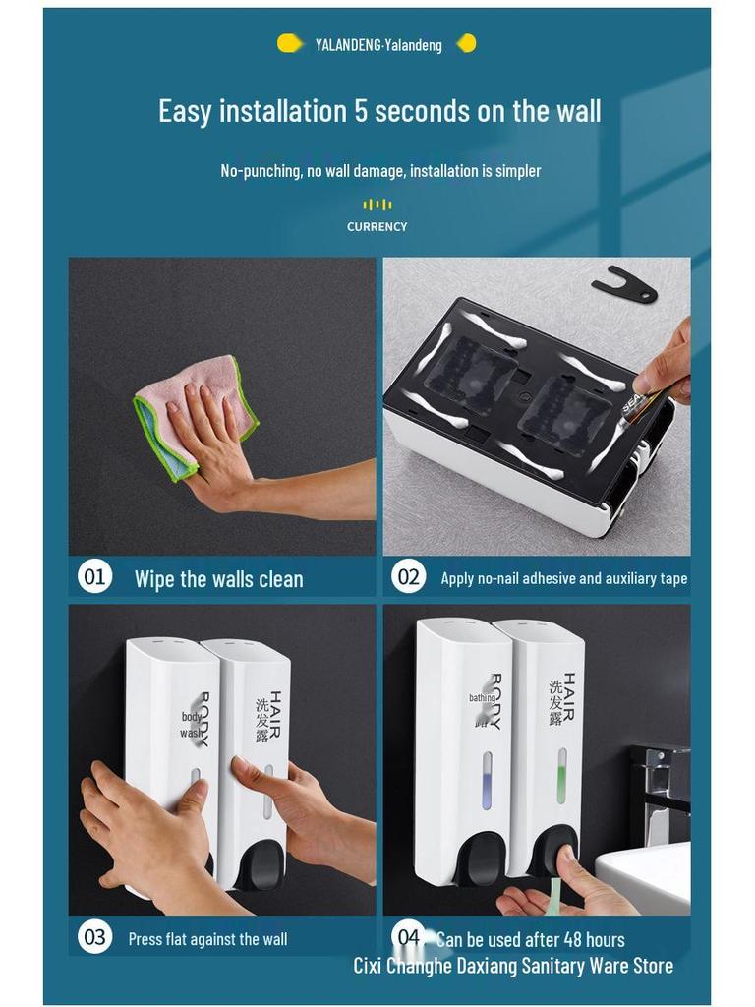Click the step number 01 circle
pos(94,576)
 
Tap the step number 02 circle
pos(408,576)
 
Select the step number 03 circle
pos(94,937)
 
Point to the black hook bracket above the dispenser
pos(624,283)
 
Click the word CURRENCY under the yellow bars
pos(377,227)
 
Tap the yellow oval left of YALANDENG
pos(290,43)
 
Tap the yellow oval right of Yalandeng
pos(467,43)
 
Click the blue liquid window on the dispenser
pos(487,780)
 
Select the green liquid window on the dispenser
pos(562,775)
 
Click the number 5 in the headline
pos(361,111)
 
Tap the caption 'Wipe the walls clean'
pos(219,579)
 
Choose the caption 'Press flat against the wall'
pos(207,939)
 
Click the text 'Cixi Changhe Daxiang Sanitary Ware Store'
pos(513,966)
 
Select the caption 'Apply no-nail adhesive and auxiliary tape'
pos(563,578)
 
